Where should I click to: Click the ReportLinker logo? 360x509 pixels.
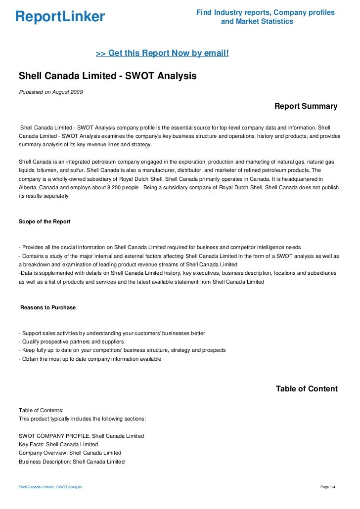click(x=60, y=17)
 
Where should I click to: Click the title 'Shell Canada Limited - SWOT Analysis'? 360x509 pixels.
click(x=107, y=76)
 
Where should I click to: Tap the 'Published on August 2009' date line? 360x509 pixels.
click(x=50, y=92)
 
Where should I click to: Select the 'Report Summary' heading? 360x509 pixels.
click(x=306, y=106)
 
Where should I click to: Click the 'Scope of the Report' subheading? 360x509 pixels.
click(x=45, y=221)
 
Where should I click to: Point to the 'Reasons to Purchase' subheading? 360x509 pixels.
click(x=48, y=307)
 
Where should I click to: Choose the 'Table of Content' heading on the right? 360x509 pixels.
click(x=307, y=389)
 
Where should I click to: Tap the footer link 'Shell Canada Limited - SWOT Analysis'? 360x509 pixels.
click(x=50, y=487)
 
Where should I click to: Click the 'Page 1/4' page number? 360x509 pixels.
click(x=328, y=487)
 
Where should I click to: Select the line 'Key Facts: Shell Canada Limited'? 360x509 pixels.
click(x=58, y=444)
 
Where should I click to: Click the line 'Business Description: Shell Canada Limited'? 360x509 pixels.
click(x=72, y=462)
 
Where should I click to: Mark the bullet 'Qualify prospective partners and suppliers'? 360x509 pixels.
click(x=71, y=341)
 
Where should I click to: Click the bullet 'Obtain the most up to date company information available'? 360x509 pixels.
click(x=90, y=359)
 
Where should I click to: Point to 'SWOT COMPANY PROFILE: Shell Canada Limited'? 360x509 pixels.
click(x=81, y=436)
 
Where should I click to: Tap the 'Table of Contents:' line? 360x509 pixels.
click(x=41, y=410)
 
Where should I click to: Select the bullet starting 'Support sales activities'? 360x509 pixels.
click(x=111, y=333)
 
